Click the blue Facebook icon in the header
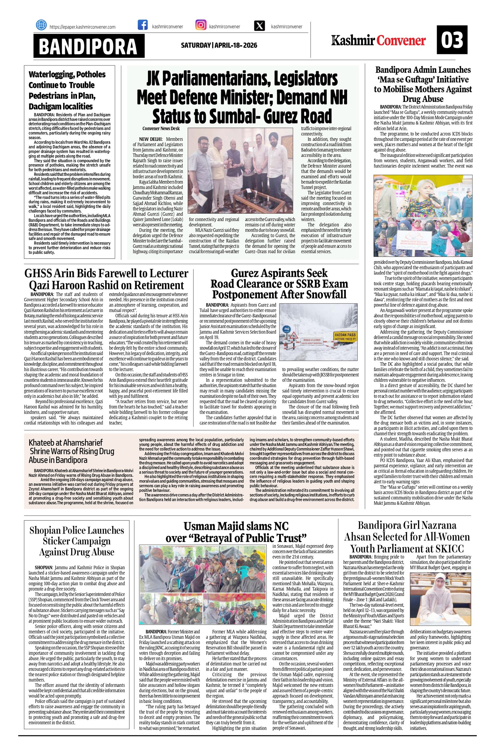[x=143, y=26]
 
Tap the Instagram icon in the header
[x=201, y=25]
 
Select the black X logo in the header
[x=260, y=26]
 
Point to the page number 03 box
[x=452, y=40]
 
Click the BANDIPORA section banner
[x=88, y=46]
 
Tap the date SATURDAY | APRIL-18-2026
[x=219, y=45]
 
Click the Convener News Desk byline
[x=161, y=129]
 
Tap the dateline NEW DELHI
[x=150, y=139]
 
